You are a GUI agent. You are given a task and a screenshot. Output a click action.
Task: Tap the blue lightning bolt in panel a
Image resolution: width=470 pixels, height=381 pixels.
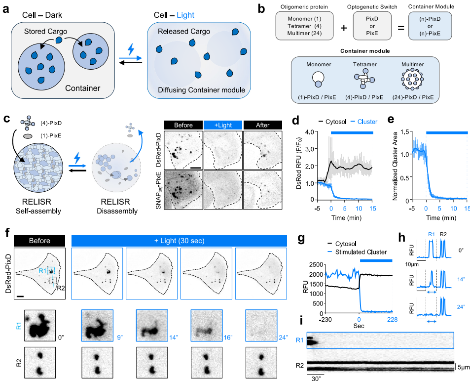point(130,50)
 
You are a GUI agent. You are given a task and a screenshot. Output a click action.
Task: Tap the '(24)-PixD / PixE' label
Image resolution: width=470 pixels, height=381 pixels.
point(414,98)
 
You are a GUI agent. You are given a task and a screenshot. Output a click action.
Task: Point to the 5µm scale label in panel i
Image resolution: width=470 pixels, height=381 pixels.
point(462,368)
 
